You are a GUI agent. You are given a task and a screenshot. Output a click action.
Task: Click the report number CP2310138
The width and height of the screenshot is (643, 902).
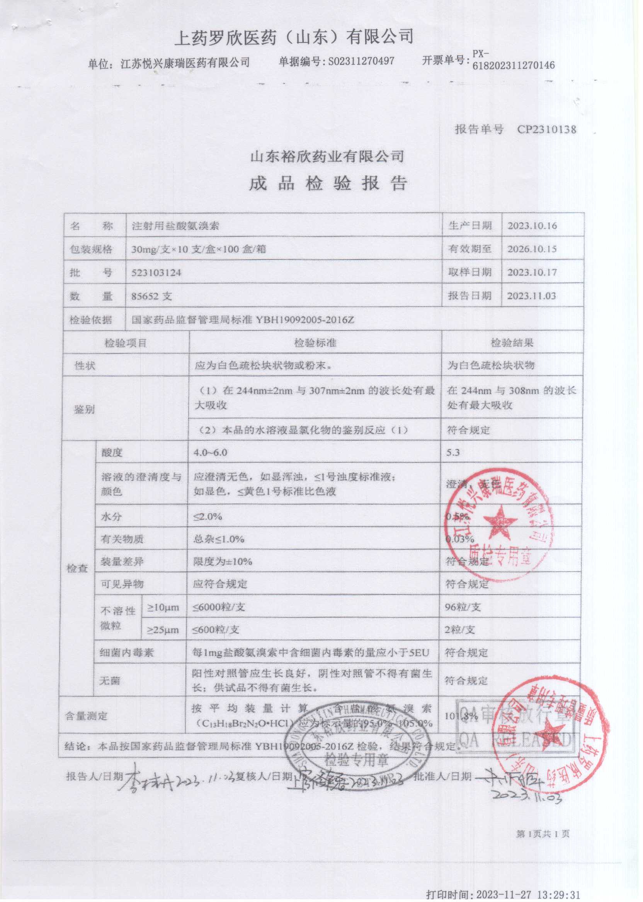point(546,129)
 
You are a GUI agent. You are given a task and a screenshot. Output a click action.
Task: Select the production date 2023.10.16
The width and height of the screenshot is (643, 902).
point(532,226)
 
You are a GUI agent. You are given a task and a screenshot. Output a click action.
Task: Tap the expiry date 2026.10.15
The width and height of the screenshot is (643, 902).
point(532,249)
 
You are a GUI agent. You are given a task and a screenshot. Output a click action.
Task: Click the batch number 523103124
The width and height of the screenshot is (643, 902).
point(156,273)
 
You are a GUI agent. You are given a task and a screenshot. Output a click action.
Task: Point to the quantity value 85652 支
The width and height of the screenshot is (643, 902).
point(151,296)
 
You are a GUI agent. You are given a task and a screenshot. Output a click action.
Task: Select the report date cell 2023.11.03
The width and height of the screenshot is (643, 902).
point(531,296)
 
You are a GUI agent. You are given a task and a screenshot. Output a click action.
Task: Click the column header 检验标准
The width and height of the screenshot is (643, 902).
point(315,342)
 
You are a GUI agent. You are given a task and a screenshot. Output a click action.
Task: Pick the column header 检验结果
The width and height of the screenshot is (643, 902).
point(512,342)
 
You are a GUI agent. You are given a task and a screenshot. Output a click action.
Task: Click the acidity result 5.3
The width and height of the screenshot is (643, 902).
point(452,453)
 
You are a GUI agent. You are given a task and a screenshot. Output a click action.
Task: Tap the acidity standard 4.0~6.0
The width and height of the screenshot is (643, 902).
point(210,453)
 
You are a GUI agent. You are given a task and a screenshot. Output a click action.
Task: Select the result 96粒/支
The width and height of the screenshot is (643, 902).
point(463,607)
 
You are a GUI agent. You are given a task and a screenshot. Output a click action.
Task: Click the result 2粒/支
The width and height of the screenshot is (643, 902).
point(459,630)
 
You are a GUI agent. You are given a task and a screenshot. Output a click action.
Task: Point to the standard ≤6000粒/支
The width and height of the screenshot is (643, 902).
point(219,607)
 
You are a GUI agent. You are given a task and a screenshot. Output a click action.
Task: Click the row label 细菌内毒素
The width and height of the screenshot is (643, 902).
point(126,653)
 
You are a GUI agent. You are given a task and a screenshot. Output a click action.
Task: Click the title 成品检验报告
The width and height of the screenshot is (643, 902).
point(328,183)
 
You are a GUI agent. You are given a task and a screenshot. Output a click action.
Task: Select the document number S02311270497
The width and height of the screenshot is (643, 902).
point(361,61)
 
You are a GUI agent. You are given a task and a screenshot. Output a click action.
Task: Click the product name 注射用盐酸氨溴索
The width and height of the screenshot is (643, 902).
point(175,226)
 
